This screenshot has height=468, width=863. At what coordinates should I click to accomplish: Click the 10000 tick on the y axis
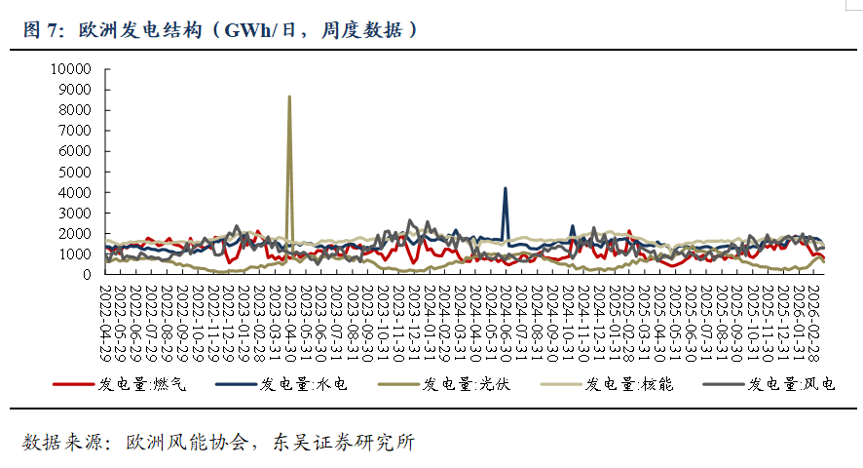71,69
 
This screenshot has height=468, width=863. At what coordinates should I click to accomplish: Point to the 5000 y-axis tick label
74,172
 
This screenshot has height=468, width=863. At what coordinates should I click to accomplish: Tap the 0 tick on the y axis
87,275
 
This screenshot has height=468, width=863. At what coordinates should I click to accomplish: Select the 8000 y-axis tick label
74,110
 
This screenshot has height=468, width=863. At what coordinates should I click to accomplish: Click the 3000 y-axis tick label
74,213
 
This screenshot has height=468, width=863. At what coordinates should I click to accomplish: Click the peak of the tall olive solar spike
289,96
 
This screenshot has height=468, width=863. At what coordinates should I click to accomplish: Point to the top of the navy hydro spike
505,188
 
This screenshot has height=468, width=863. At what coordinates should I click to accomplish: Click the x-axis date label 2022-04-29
107,311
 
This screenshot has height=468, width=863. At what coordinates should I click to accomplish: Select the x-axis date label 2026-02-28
814,311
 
